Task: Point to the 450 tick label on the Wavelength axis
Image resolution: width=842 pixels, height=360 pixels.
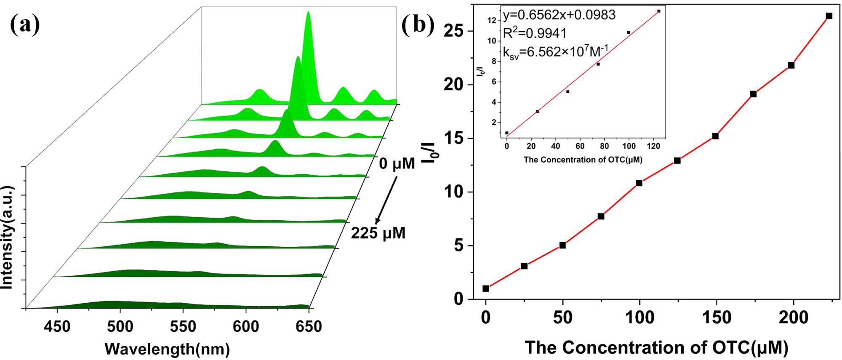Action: tap(57, 326)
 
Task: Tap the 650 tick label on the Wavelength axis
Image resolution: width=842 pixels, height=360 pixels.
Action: tap(309, 326)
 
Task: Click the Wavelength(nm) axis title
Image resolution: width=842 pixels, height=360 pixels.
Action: tap(167, 349)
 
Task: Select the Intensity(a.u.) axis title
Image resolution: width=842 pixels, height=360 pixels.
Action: tap(7, 237)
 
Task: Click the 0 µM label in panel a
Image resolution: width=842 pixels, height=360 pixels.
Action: tap(397, 163)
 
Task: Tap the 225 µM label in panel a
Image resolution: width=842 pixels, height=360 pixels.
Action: tap(378, 233)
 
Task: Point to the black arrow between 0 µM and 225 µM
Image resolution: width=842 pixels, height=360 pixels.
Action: tap(386, 200)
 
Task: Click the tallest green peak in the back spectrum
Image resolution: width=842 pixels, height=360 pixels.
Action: tap(308, 17)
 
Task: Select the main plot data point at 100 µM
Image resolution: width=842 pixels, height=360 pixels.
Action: tap(639, 183)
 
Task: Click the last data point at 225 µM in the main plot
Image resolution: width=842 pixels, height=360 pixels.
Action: tap(829, 16)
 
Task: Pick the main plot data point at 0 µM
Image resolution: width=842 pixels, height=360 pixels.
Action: tap(486, 288)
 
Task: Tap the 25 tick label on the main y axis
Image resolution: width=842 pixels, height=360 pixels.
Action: tap(453, 31)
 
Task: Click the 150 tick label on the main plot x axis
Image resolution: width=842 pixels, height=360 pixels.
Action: tap(716, 317)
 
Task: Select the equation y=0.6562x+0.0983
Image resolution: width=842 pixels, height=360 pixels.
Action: tap(559, 15)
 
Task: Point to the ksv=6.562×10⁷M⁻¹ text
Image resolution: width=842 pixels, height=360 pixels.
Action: tap(556, 52)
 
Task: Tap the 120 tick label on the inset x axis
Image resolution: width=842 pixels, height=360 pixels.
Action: tap(653, 146)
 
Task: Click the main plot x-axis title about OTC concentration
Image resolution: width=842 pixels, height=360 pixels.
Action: tap(656, 348)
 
